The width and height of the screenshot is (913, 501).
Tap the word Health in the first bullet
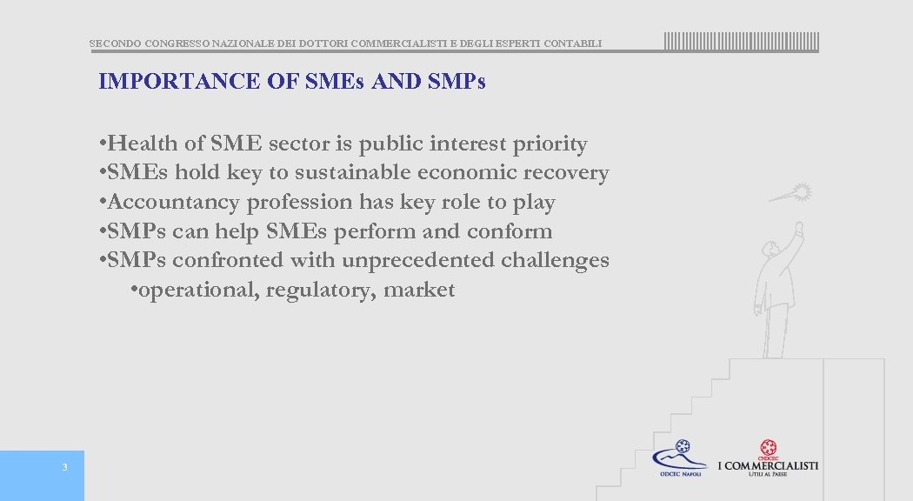pos(142,144)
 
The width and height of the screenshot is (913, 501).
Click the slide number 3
pos(64,468)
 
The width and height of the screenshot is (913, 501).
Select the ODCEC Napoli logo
pos(680,458)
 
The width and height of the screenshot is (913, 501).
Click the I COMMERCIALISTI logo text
pos(768,465)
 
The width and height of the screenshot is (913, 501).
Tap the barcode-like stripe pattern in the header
pos(742,42)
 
